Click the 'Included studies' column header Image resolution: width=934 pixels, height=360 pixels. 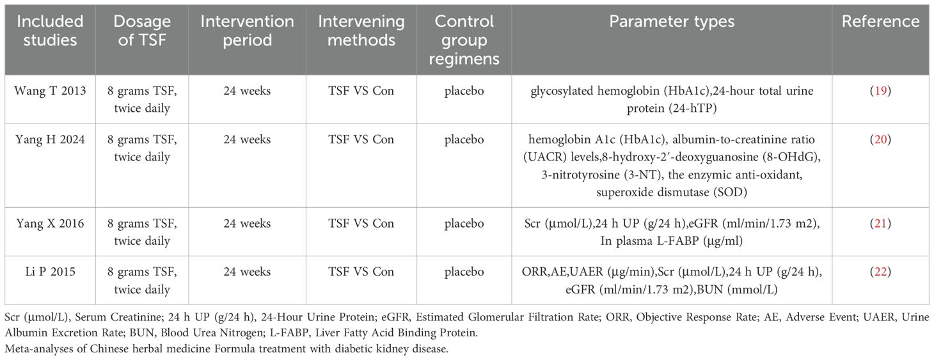50,31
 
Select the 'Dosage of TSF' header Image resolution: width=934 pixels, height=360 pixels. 142,31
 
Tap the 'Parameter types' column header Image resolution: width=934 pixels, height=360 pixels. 672,21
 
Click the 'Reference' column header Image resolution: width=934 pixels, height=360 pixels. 881,21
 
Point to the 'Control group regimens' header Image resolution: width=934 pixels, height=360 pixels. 464,40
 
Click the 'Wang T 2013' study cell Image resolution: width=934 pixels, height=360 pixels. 50,91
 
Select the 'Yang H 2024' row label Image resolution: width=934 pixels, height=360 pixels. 50,139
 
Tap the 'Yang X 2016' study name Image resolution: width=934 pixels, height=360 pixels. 50,224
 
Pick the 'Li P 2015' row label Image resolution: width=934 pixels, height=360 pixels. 50,272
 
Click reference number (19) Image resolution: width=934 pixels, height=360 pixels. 881,91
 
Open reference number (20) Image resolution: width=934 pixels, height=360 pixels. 881,139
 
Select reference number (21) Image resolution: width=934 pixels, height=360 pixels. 881,224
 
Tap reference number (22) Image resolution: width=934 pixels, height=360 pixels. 881,272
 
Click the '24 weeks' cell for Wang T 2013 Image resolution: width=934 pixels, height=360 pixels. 247,91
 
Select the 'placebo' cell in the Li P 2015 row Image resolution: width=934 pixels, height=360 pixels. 464,272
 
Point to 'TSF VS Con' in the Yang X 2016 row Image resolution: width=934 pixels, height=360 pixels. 361,224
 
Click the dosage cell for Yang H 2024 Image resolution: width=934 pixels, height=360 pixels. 142,148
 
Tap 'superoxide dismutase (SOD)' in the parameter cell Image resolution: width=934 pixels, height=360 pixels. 672,192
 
